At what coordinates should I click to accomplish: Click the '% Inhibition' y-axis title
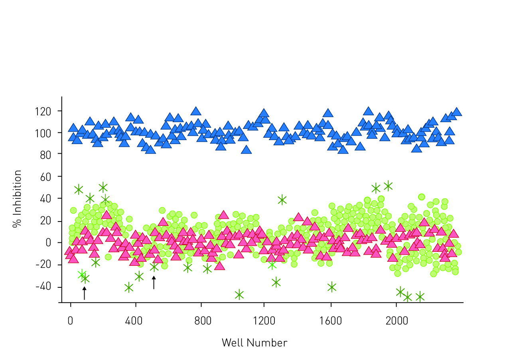(17, 198)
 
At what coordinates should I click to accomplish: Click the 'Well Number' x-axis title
(254, 343)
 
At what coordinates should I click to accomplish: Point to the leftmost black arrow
(84, 293)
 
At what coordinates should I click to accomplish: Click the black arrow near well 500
(154, 282)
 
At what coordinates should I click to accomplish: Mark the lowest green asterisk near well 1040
(239, 295)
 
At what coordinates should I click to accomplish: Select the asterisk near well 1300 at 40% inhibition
(282, 200)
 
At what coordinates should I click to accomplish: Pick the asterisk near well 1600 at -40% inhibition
(332, 287)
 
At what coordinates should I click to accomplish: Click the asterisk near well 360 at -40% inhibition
(129, 287)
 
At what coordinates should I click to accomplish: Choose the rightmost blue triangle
(457, 112)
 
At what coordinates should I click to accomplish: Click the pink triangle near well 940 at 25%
(223, 215)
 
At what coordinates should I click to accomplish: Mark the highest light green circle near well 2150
(421, 197)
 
